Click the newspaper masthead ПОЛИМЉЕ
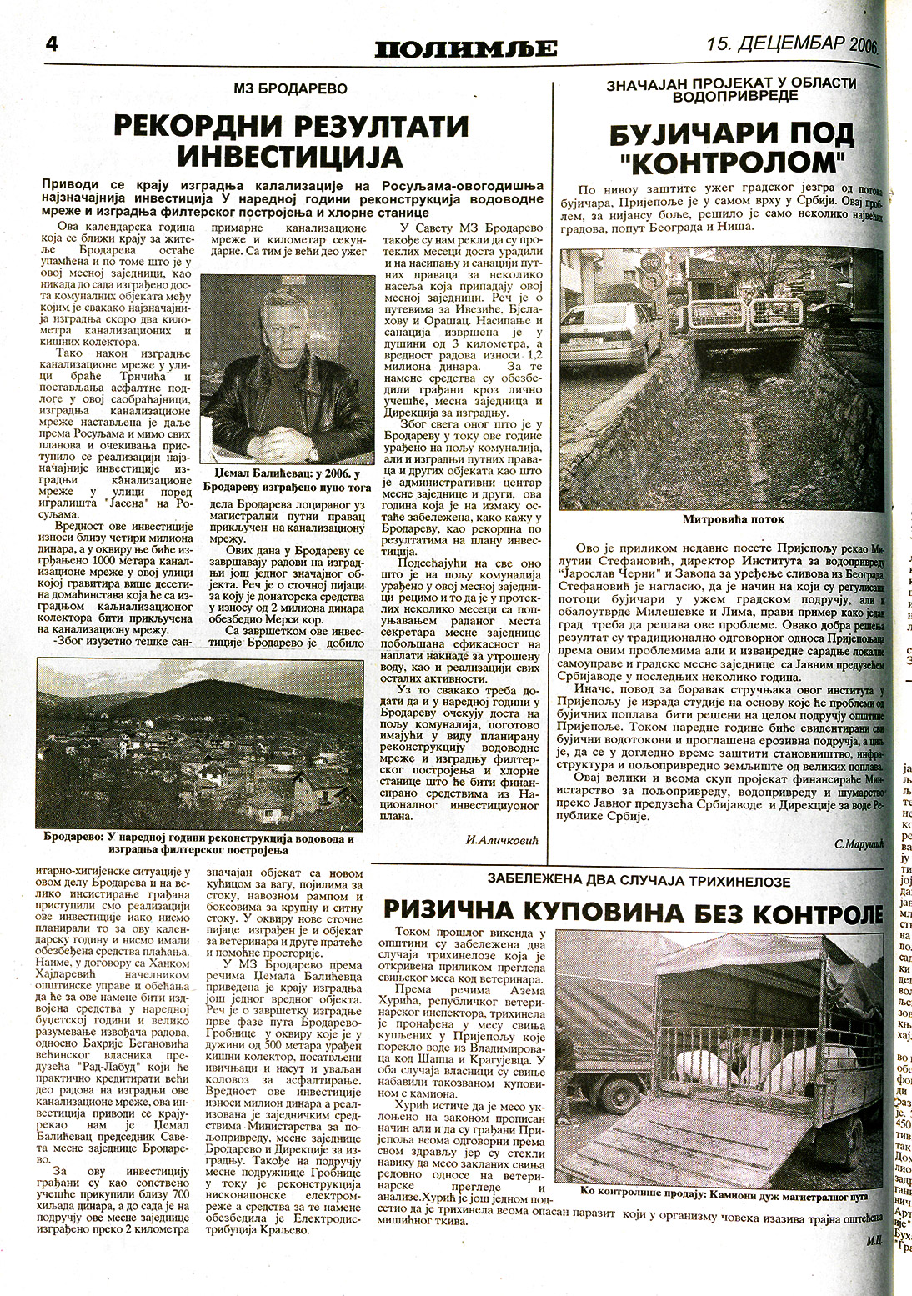click(465, 48)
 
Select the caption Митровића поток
click(722, 519)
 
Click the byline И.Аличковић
click(503, 840)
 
